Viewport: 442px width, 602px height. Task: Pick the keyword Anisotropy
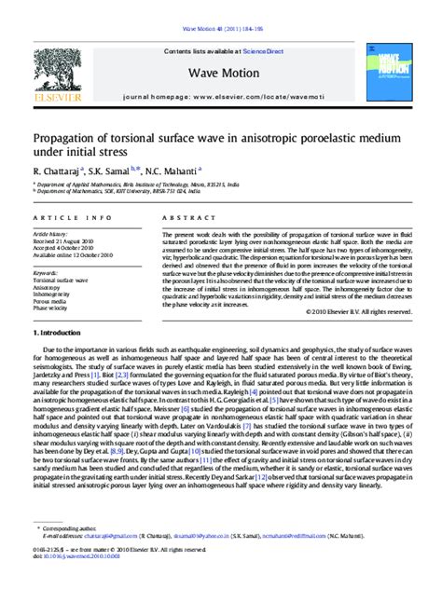click(47, 287)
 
